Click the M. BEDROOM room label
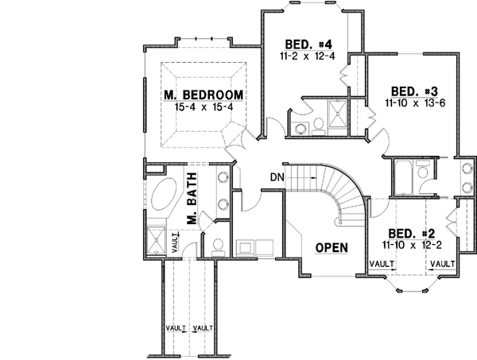(204, 95)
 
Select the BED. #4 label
(301, 44)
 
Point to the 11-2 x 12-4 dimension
(301, 56)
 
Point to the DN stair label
(277, 176)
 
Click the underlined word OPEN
(332, 247)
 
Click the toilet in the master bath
(219, 245)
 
